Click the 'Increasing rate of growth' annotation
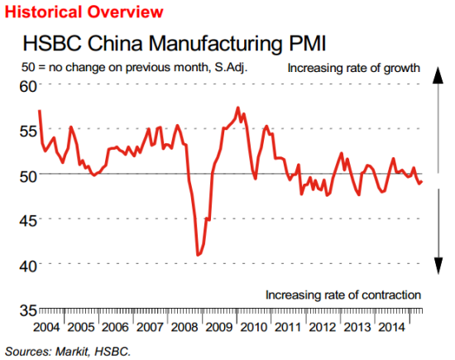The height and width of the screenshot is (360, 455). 355,67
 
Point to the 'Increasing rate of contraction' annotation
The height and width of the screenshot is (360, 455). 344,295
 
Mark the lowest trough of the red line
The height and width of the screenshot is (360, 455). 198,255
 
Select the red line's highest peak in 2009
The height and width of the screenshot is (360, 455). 238,108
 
